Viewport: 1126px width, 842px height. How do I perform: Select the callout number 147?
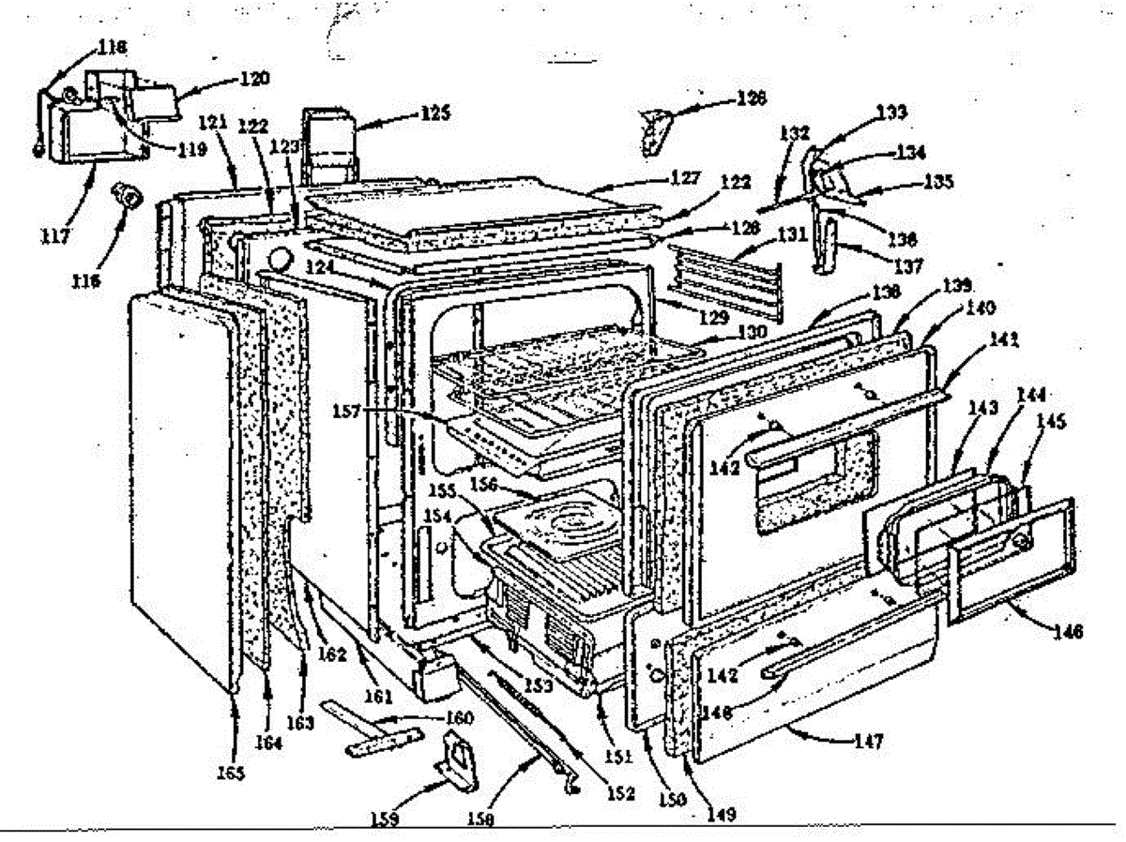point(868,742)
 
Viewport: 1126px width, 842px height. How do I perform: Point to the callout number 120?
point(253,79)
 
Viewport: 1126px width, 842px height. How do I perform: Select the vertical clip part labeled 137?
point(826,242)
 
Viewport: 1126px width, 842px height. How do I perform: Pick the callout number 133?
point(891,113)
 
